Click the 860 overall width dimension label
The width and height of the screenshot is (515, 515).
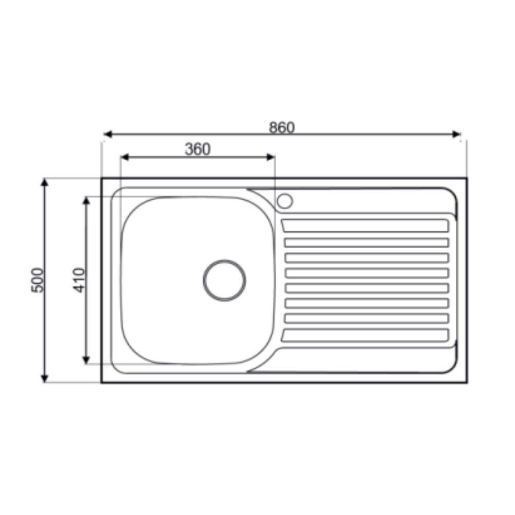282,127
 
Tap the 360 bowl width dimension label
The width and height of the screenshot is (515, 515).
198,149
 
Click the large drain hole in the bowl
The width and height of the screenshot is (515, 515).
224,280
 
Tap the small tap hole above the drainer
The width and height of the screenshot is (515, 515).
284,200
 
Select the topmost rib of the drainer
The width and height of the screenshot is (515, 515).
366,226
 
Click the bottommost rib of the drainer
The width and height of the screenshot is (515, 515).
366,336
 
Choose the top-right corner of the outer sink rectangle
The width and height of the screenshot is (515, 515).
467,178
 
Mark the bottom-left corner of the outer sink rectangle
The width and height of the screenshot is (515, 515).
101,383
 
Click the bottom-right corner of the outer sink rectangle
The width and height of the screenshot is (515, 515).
467,383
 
